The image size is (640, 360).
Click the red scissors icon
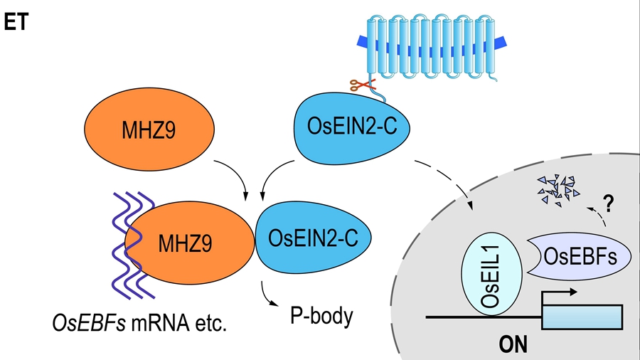[x=361, y=85]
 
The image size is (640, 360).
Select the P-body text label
[x=321, y=315]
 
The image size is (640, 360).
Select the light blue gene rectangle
[x=582, y=317]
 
